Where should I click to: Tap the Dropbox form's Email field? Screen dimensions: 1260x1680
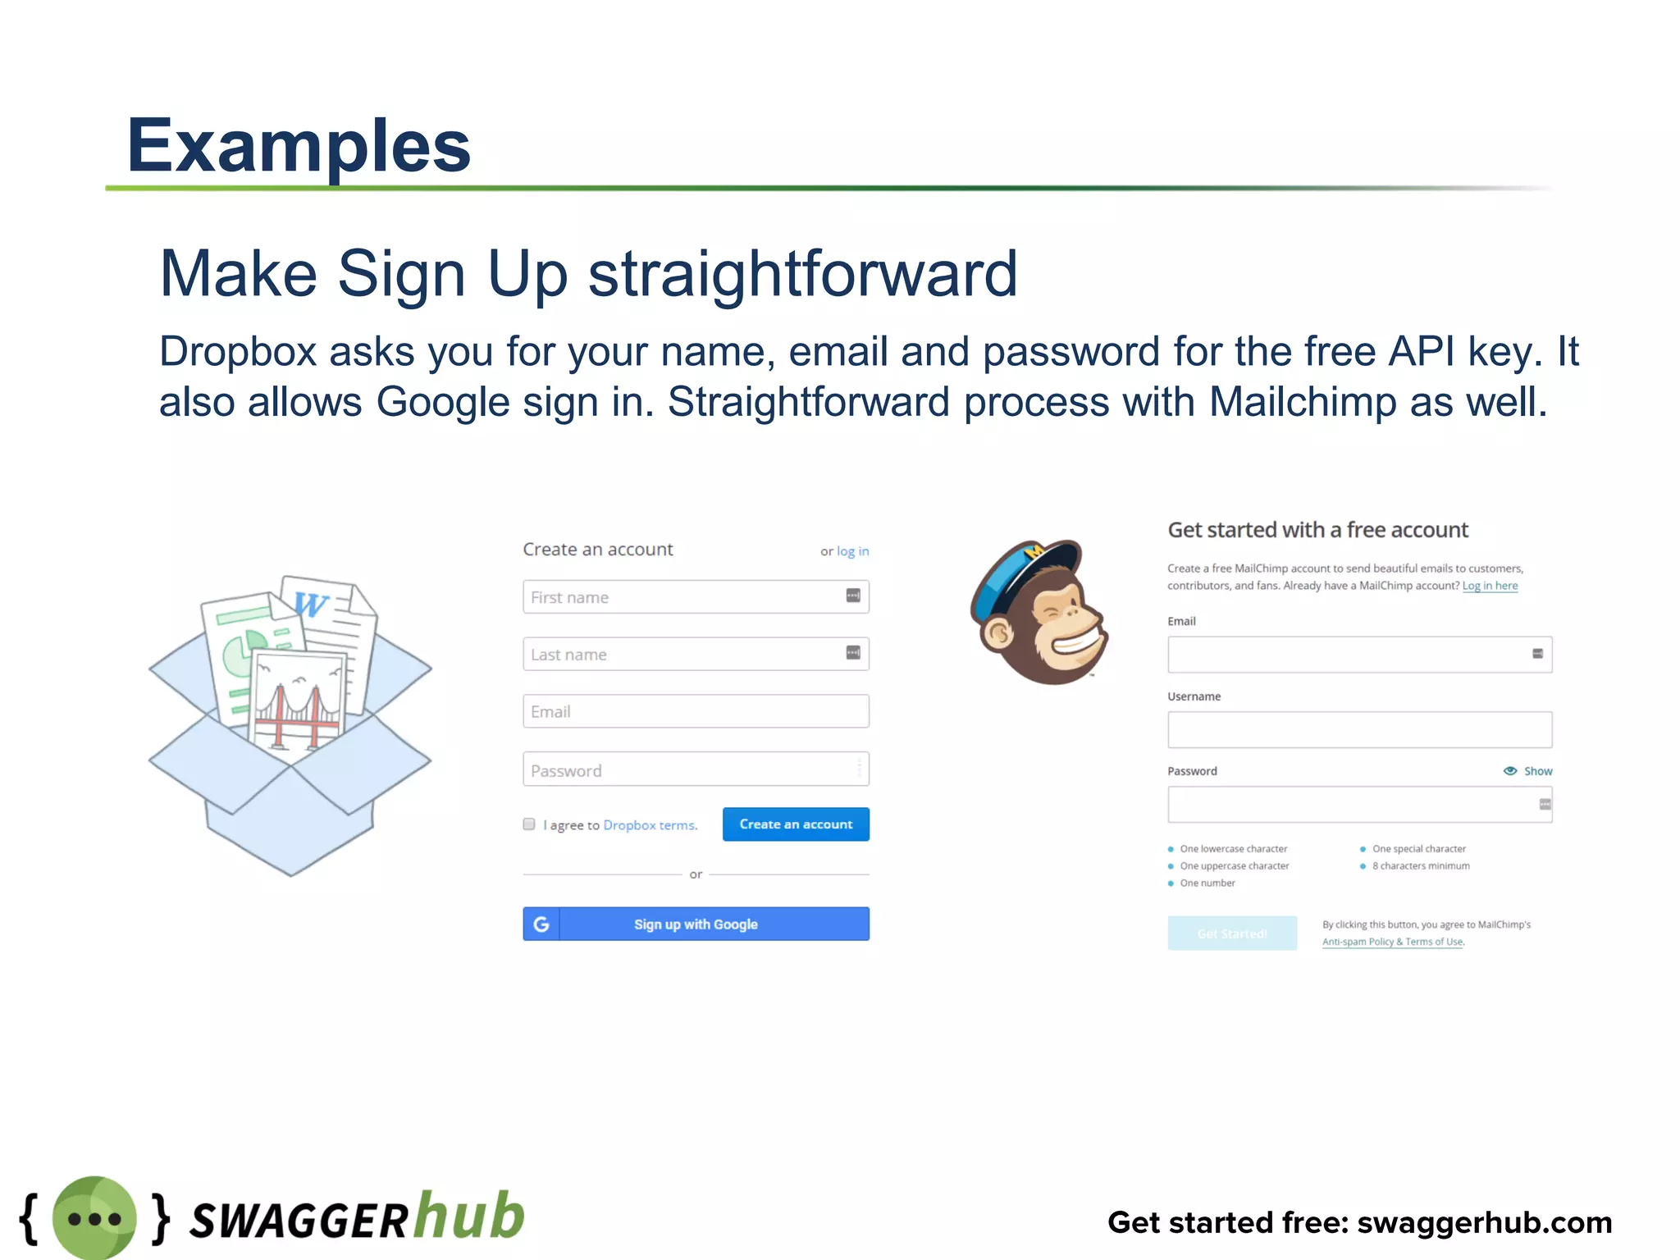tap(696, 711)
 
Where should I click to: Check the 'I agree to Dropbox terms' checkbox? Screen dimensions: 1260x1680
tap(529, 824)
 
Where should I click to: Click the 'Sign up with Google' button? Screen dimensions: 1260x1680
tap(696, 924)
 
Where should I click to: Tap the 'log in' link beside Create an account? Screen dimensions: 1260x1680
tap(852, 551)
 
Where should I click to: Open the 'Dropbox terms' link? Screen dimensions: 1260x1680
tap(650, 825)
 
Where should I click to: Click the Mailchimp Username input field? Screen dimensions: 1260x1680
tap(1359, 730)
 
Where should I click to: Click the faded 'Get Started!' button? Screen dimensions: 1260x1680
tap(1232, 934)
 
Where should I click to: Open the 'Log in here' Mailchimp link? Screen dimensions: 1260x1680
tap(1490, 586)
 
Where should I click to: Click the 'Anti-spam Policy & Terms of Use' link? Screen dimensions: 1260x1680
tap(1393, 942)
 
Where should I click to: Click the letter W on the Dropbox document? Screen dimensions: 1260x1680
tap(311, 605)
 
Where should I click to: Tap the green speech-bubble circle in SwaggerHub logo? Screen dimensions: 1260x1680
tap(94, 1218)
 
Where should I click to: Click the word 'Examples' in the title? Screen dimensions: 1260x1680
tap(299, 146)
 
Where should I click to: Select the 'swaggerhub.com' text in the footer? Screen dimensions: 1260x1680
tap(1485, 1222)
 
